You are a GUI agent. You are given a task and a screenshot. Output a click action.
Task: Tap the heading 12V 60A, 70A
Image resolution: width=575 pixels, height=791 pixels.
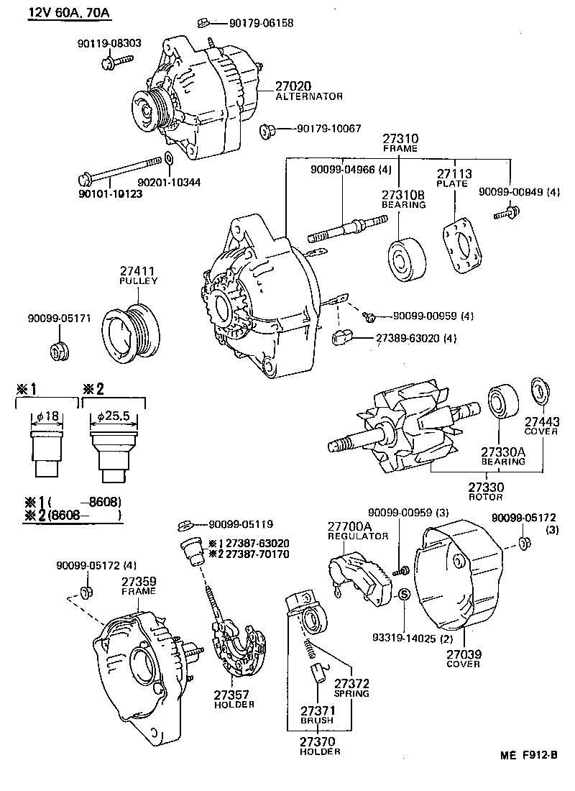point(70,13)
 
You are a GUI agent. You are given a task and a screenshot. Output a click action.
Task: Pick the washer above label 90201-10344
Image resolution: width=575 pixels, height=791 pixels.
point(168,159)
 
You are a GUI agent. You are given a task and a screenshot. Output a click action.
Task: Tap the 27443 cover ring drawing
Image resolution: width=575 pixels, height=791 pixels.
point(538,389)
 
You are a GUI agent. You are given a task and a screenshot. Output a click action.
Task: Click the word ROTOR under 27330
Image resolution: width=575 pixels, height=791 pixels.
point(487,497)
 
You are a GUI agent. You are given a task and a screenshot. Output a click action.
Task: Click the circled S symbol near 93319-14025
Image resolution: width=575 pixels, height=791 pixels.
point(403,594)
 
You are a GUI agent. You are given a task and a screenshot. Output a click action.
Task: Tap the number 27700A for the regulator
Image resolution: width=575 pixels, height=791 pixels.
point(349,526)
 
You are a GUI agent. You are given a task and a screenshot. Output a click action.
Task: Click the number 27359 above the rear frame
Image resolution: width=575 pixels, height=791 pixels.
point(138,580)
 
